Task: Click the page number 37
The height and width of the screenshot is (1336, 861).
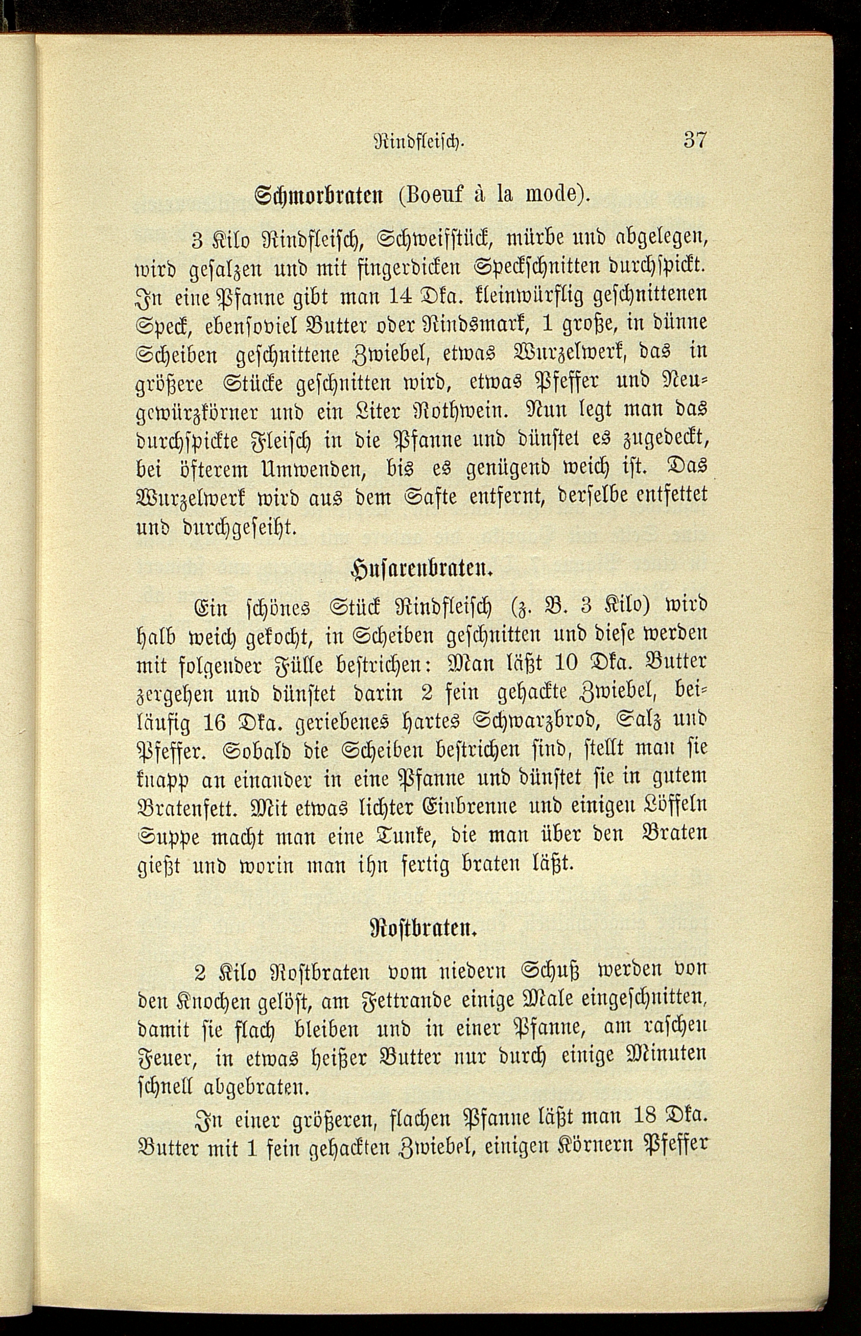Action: [x=695, y=140]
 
